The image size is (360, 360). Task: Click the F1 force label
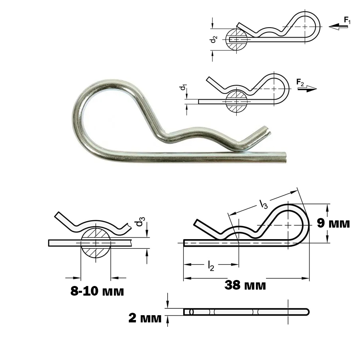347,20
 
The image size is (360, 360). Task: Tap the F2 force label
300,82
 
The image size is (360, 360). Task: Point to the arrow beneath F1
338,27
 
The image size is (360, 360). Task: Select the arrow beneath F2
307,89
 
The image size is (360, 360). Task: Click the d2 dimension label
214,39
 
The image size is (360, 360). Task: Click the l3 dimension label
264,204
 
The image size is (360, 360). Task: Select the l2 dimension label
211,266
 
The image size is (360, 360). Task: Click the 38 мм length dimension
245,285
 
